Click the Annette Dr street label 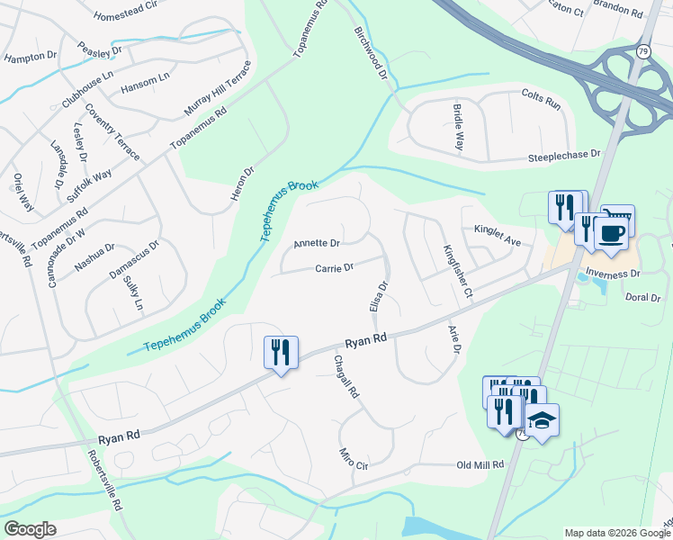(x=316, y=244)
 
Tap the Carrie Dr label (x=334, y=267)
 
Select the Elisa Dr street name (x=379, y=297)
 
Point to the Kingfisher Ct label (x=457, y=272)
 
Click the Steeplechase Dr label (x=564, y=155)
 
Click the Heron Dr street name (x=243, y=183)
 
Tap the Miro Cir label (x=354, y=459)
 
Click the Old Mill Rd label (x=480, y=465)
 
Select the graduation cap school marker (x=542, y=420)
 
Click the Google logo (x=30, y=529)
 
